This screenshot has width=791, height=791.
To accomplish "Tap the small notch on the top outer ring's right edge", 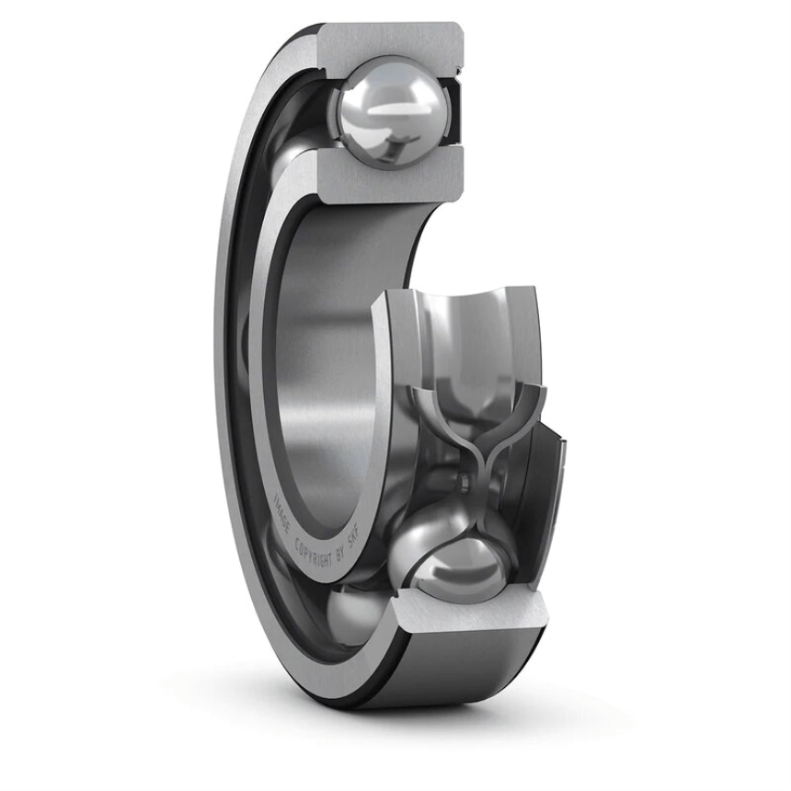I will (x=457, y=69).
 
